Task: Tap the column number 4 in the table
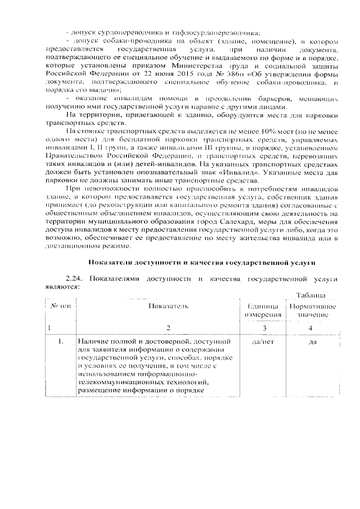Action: pos(310,327)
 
